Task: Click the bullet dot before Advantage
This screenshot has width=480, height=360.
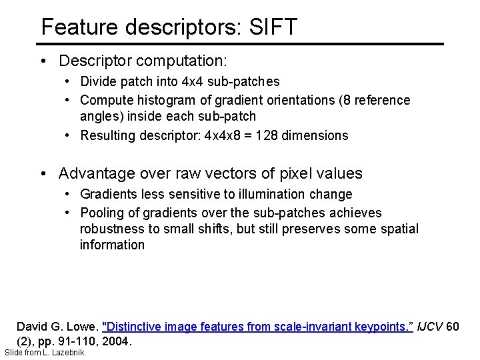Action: pos(44,174)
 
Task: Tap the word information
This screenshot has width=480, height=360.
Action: pos(112,245)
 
